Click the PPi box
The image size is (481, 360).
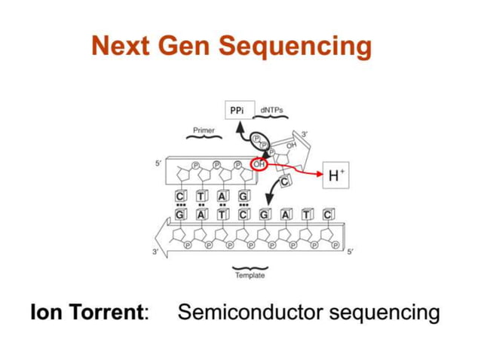pos(237,111)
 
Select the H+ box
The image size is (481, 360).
pos(337,177)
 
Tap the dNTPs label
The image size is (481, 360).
pos(271,110)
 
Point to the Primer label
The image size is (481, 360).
pos(204,130)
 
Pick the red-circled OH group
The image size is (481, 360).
pos(259,164)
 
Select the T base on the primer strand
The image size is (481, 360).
pos(201,197)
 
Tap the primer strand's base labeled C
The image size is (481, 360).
pos(180,197)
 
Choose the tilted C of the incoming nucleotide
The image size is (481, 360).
pos(286,182)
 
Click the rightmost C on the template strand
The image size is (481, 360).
pos(327,215)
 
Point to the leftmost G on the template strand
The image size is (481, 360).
pos(180,215)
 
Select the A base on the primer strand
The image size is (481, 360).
pos(222,197)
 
